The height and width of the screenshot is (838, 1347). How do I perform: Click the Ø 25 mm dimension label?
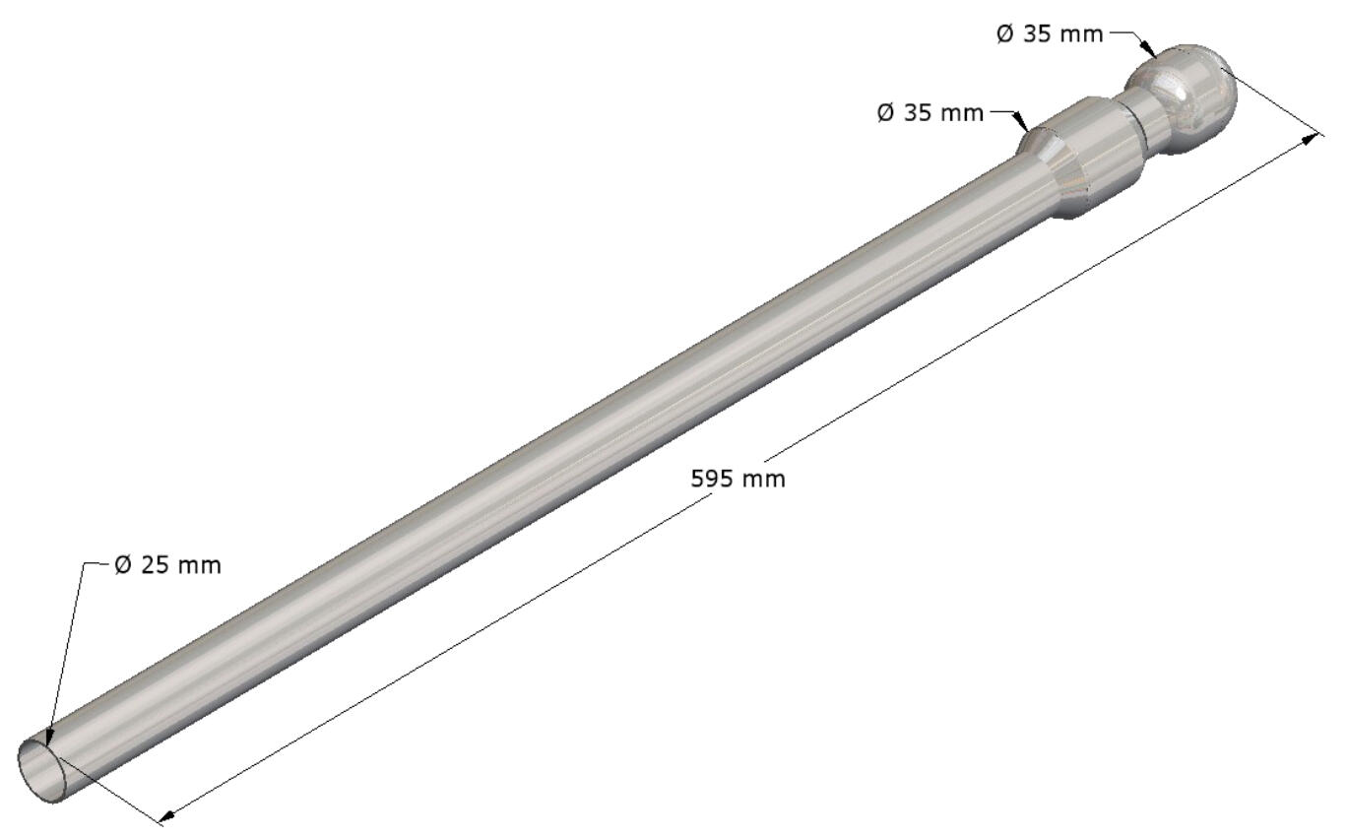pyautogui.click(x=167, y=565)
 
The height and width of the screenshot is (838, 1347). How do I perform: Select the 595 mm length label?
pyautogui.click(x=738, y=480)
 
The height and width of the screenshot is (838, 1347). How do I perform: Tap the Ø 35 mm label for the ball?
pyautogui.click(x=1049, y=34)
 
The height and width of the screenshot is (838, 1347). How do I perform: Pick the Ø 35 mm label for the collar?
pyautogui.click(x=930, y=113)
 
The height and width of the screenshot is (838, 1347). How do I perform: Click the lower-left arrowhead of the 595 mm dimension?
pyautogui.click(x=166, y=815)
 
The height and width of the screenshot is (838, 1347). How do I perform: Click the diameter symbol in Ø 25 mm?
pyautogui.click(x=123, y=565)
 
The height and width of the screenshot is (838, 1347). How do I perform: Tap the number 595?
pyautogui.click(x=711, y=480)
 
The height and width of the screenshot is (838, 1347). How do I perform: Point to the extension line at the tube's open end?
pyautogui.click(x=118, y=793)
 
